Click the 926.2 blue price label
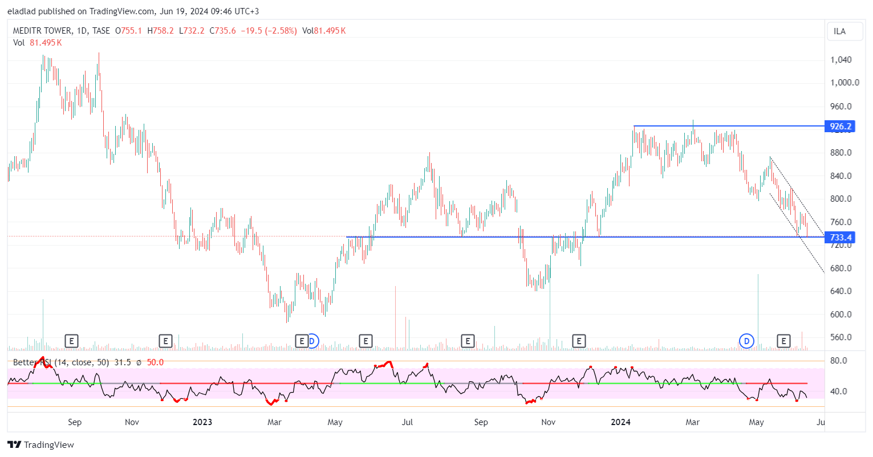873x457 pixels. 840,126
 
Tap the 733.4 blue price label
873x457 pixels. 840,237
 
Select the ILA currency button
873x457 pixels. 840,31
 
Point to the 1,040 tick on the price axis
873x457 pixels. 841,60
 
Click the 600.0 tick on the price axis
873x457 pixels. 841,315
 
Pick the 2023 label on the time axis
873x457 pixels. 202,422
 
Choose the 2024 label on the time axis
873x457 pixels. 620,422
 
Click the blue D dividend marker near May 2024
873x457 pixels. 746,341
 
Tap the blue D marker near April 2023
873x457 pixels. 312,341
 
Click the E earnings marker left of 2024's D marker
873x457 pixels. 579,341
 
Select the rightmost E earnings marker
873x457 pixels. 784,341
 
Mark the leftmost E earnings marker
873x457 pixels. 71,341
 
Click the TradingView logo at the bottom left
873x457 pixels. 41,445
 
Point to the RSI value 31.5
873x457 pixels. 123,362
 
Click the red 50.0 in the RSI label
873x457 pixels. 155,362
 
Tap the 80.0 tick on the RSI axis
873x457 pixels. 838,361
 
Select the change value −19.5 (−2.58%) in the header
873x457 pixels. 267,31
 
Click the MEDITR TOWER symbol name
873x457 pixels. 43,31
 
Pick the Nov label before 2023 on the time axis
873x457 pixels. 132,422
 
